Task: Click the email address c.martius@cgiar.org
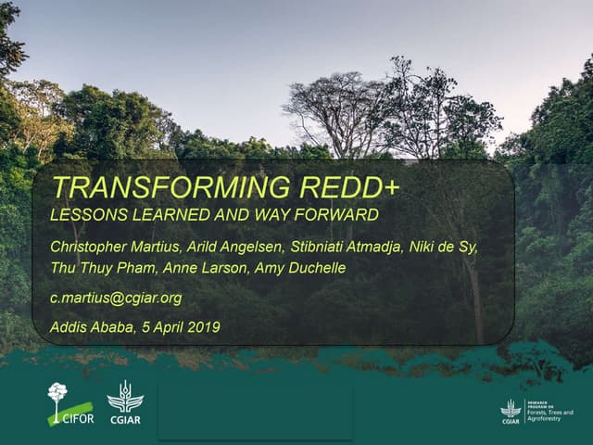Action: (x=117, y=298)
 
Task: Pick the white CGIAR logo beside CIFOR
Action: (x=125, y=402)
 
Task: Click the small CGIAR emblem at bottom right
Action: (x=511, y=410)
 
